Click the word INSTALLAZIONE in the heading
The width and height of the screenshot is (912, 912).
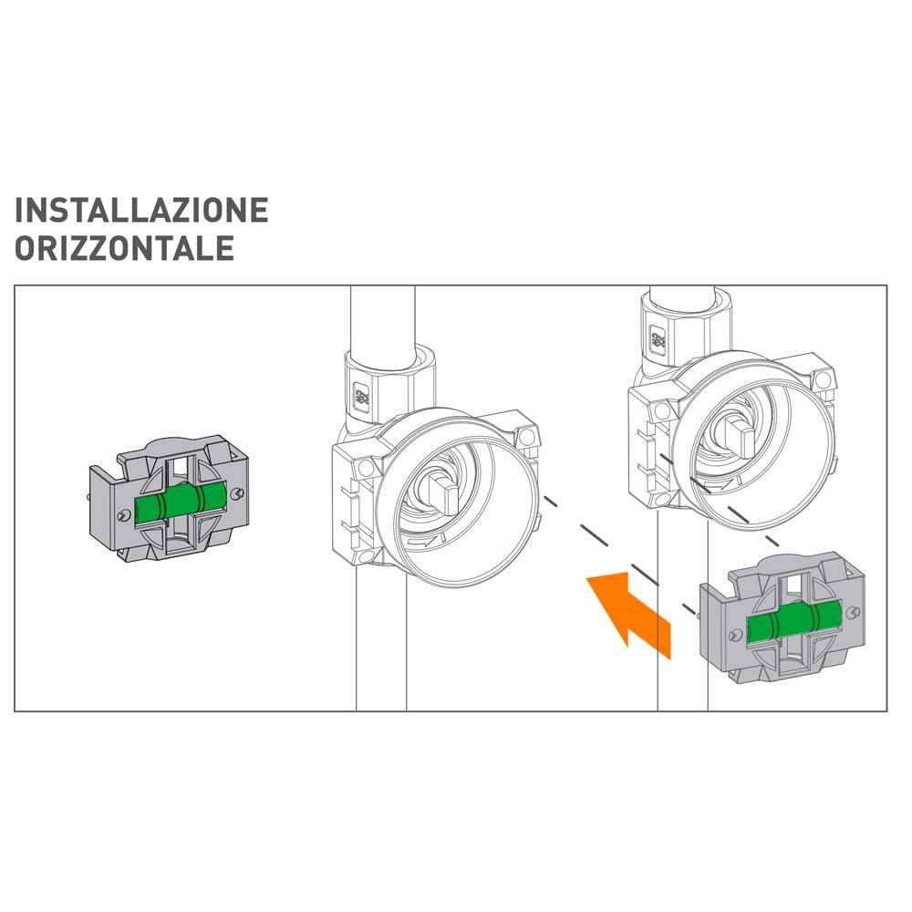point(141,210)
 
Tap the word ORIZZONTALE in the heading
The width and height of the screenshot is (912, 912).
point(124,248)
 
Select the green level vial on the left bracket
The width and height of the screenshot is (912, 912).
point(180,499)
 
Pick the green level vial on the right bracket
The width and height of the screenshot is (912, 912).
point(794,622)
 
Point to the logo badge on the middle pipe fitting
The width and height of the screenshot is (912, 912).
point(361,396)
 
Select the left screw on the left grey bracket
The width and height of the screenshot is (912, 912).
point(123,515)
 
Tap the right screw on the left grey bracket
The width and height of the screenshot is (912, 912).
point(235,493)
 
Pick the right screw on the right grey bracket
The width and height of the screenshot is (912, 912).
point(853,612)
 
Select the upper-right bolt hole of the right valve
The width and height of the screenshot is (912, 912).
point(822,379)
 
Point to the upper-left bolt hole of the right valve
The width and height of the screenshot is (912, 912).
point(662,411)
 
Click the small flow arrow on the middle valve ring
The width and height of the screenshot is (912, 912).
point(421,542)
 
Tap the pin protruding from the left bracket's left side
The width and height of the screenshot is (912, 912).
point(87,497)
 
